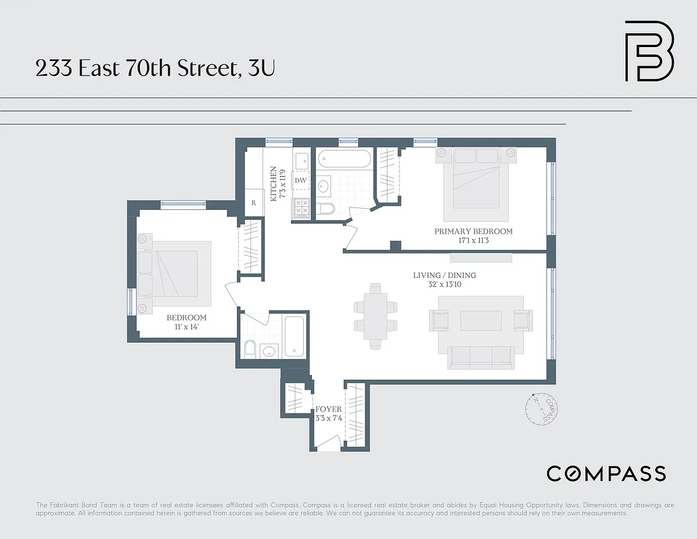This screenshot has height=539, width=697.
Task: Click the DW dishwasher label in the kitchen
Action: tap(300, 180)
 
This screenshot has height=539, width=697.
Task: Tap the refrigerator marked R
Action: tap(254, 202)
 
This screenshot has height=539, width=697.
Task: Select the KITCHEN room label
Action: tap(274, 184)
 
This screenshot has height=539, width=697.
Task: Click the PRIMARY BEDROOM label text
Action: tap(473, 231)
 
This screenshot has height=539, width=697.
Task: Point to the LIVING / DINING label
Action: tap(444, 275)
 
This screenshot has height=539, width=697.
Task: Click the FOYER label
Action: tap(328, 409)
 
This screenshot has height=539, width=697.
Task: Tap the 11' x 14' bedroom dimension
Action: tap(186, 327)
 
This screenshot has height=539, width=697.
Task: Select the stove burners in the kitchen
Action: tap(301, 207)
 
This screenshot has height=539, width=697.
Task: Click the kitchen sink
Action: tap(302, 161)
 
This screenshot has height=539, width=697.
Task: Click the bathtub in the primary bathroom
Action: tap(344, 159)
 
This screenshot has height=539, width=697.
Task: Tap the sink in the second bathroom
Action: tap(269, 351)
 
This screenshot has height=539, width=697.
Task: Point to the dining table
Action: tap(375, 316)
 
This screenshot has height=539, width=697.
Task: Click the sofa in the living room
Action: tap(481, 358)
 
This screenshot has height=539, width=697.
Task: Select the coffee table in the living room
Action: tap(481, 320)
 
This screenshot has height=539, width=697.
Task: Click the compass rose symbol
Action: tap(541, 409)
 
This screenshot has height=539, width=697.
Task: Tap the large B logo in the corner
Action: tap(649, 51)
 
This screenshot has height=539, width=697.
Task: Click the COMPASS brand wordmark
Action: tap(606, 473)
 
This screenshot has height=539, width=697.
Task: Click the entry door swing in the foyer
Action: tap(328, 442)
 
